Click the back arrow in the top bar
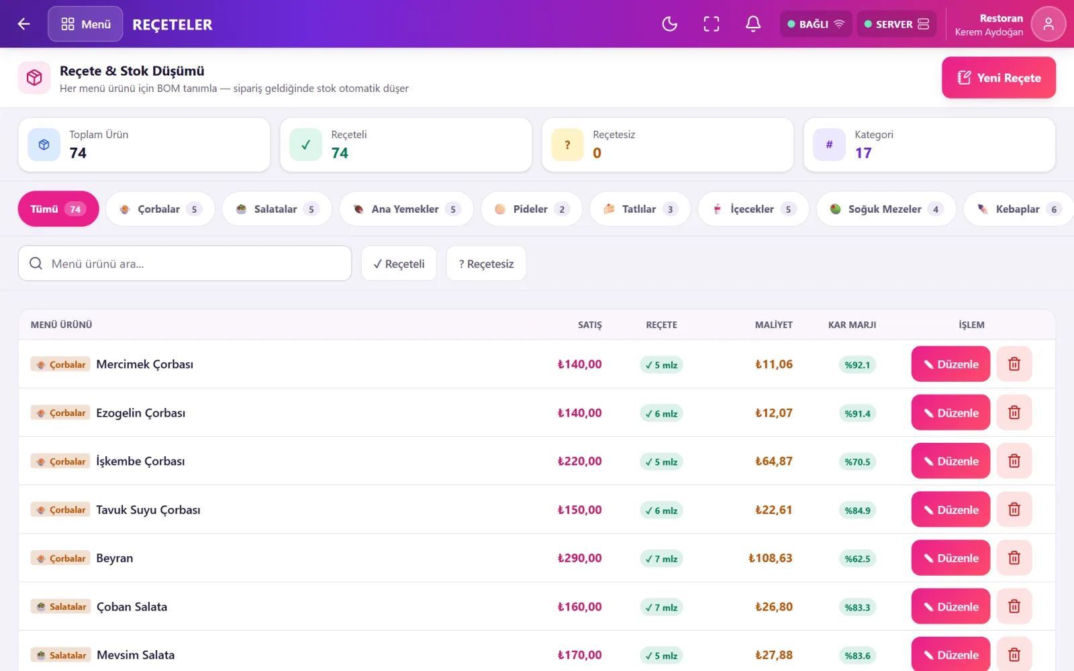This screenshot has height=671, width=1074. point(23,24)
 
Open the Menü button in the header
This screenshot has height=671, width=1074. point(85,24)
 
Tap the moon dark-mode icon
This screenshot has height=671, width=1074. point(669,24)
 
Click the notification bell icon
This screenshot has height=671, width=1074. point(752,24)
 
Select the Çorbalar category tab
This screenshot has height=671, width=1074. point(160,209)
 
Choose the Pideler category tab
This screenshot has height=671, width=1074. point(531,209)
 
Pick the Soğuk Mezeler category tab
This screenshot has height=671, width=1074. point(886,209)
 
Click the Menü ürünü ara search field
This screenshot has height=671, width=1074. point(185,264)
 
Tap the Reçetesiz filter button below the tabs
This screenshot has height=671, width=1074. point(486,264)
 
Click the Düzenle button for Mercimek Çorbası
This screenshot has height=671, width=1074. point(950,364)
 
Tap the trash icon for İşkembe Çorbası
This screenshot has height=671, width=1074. point(1014,461)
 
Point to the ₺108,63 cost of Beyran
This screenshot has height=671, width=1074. point(770,558)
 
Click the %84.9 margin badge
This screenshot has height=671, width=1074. point(857,511)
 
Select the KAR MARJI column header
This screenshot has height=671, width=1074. point(852,325)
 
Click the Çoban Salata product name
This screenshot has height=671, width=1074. point(132,607)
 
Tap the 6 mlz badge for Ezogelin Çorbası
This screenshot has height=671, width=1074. point(661,413)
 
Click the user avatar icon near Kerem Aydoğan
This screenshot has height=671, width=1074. point(1048,24)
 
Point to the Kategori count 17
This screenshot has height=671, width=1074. point(863,153)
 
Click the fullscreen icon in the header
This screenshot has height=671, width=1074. point(711,24)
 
